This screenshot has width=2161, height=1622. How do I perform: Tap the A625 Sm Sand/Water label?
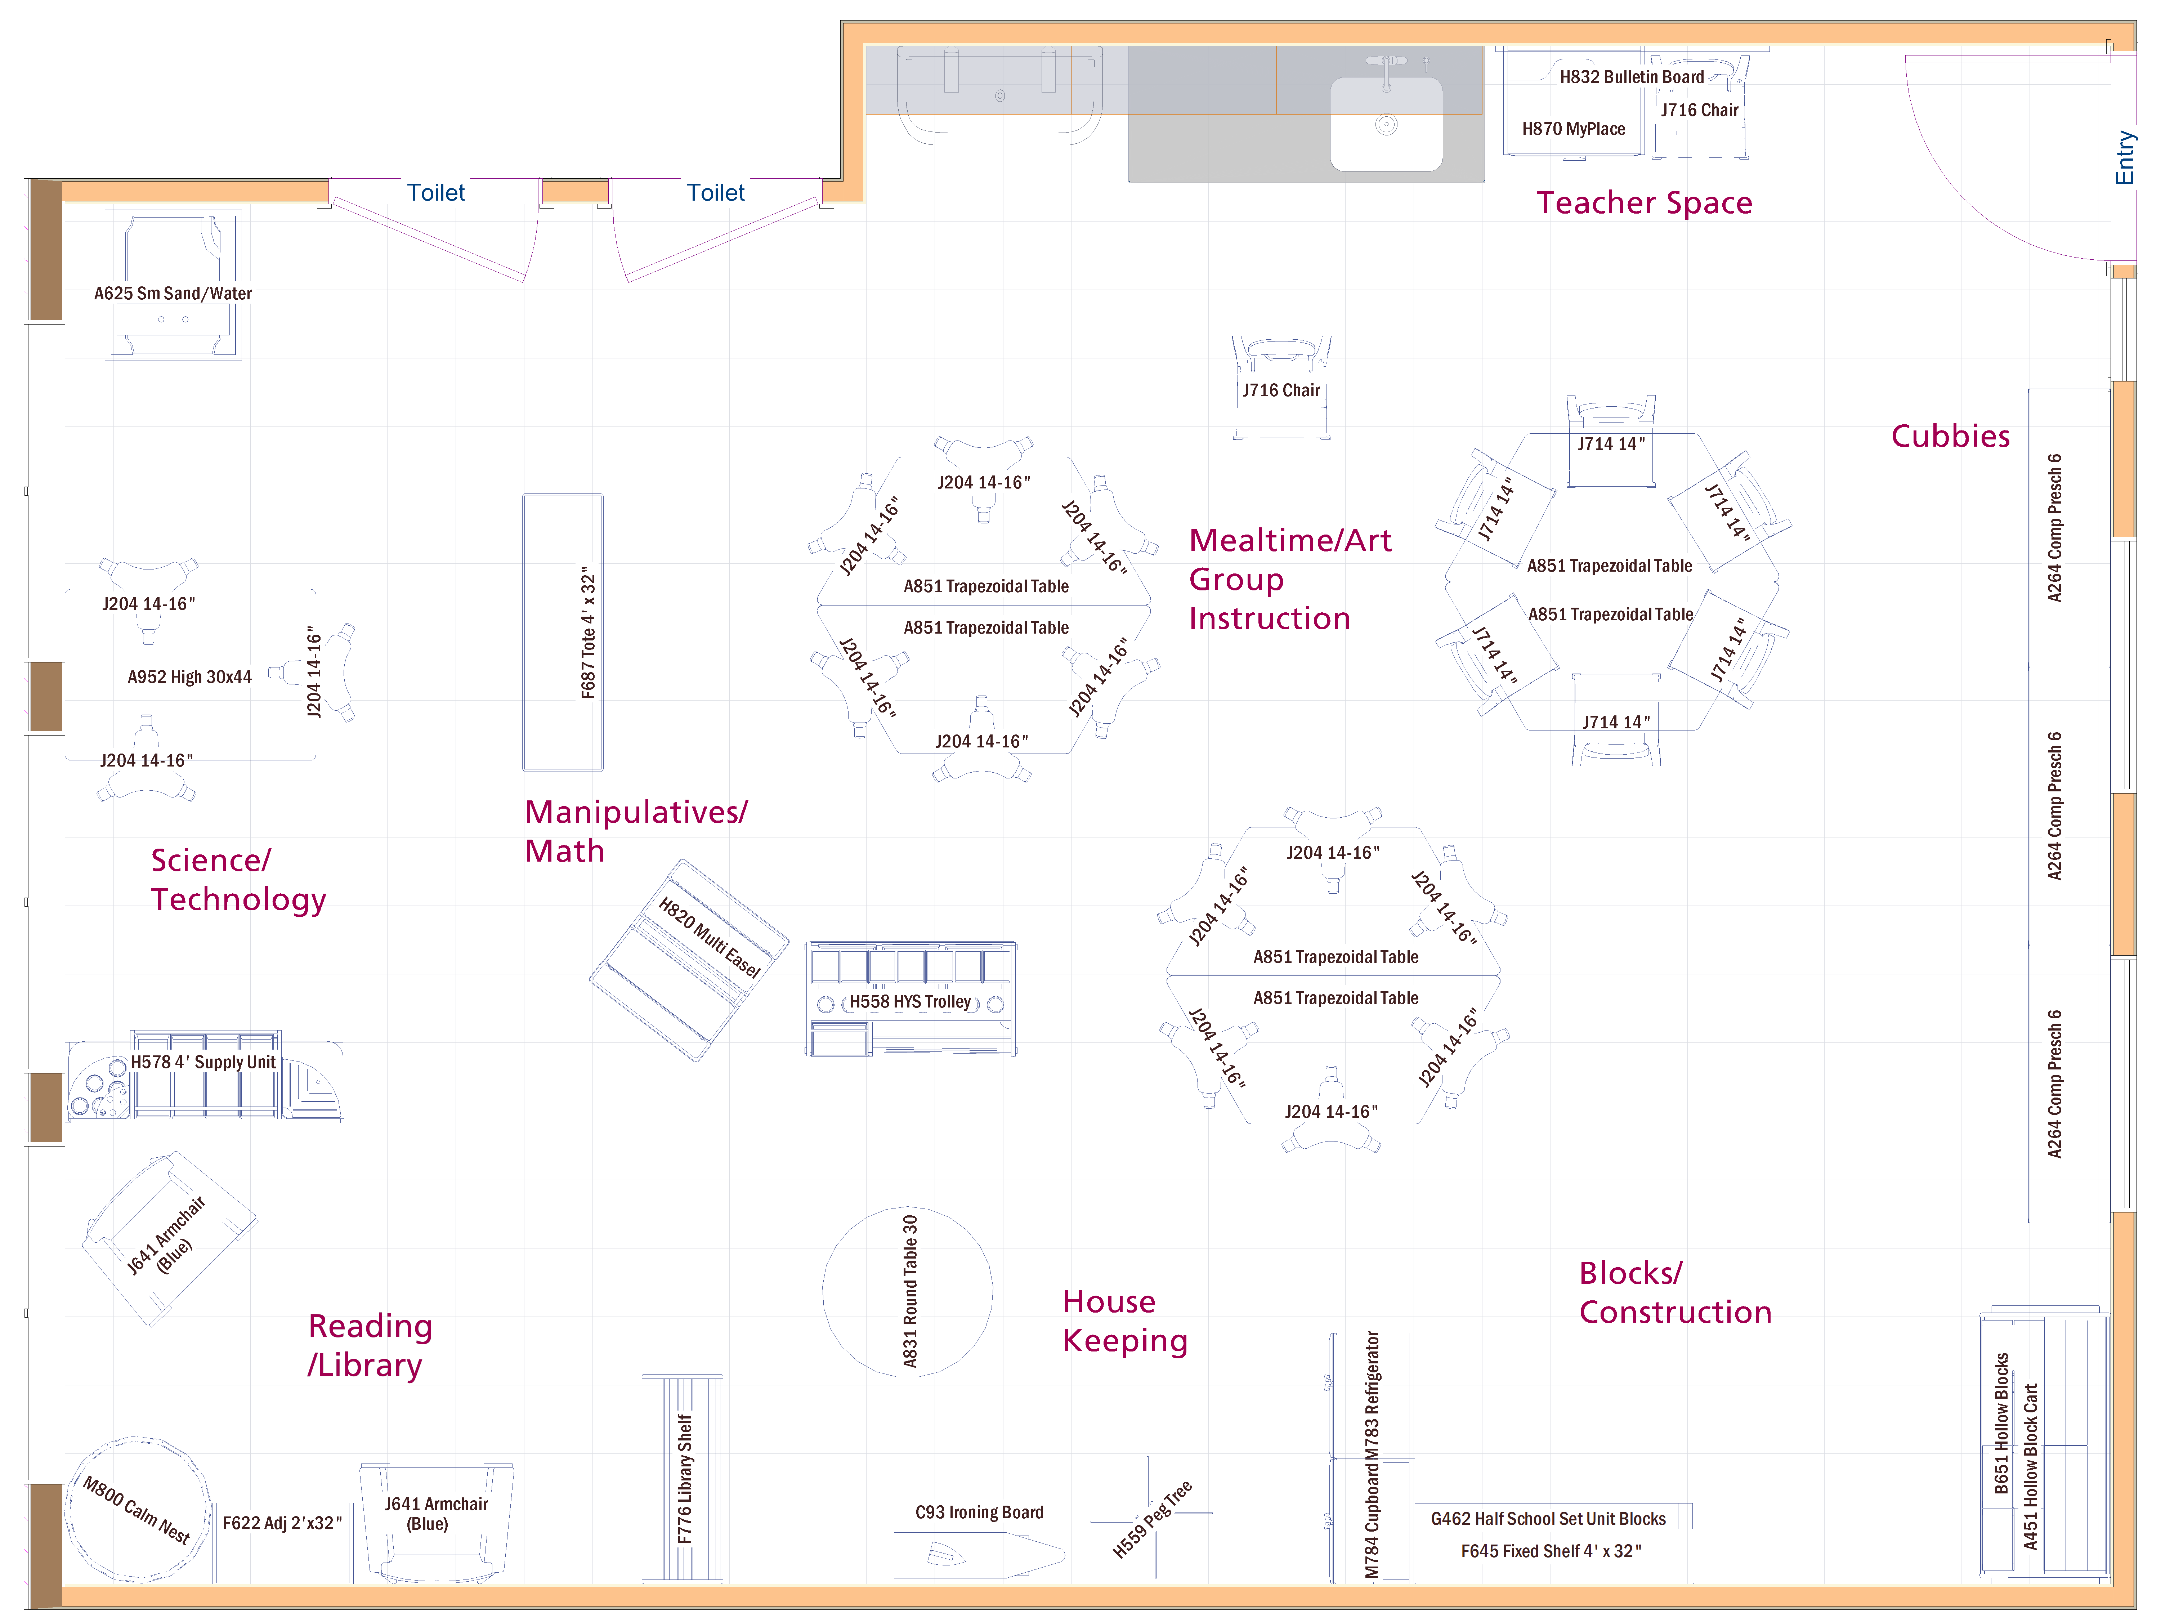click(173, 293)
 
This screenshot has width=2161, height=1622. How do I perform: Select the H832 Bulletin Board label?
click(1630, 76)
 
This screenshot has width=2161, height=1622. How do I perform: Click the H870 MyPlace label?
click(1573, 128)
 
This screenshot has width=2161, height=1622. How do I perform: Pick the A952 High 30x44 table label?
click(189, 676)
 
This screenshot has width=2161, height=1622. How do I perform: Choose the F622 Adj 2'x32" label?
click(281, 1522)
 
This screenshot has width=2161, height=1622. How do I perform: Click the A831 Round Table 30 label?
click(909, 1292)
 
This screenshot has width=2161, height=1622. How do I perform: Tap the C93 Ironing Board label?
click(979, 1511)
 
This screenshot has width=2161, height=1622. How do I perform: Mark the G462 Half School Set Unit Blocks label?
click(1548, 1518)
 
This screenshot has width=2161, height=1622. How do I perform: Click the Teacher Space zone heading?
click(1644, 202)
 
